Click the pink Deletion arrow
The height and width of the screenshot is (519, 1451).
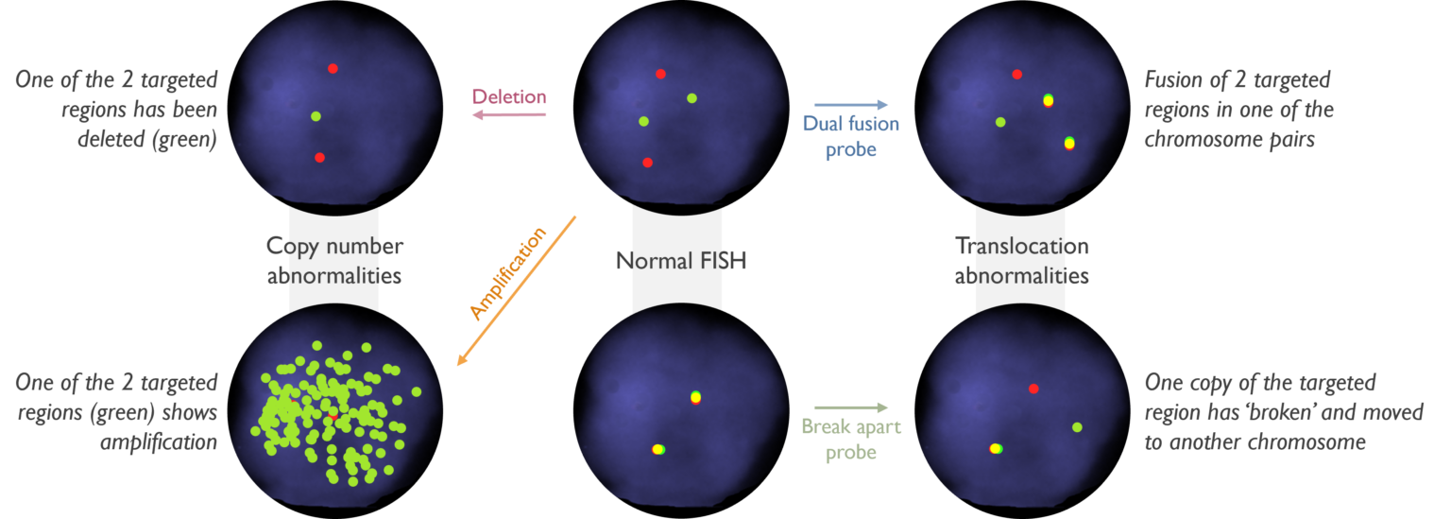[x=509, y=114]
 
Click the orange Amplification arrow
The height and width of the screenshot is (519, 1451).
[x=517, y=291]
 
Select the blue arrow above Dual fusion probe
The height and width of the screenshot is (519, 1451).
[x=851, y=104]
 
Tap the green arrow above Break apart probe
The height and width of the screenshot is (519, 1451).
[x=851, y=407]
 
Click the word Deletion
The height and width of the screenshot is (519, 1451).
[x=509, y=96]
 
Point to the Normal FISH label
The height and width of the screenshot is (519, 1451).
[x=681, y=261]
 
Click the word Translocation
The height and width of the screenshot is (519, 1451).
[x=1021, y=246]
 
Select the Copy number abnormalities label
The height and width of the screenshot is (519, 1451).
[x=334, y=261]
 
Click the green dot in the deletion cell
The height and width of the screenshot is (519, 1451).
[x=316, y=116]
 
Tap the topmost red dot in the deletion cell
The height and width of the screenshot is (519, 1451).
[x=333, y=69]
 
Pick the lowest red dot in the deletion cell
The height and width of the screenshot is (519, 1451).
[x=319, y=158]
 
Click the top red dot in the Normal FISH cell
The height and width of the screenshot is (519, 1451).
[x=660, y=74]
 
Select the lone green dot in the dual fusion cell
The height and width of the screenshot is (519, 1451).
[x=1000, y=122]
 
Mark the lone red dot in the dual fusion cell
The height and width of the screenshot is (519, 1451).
[x=1017, y=75]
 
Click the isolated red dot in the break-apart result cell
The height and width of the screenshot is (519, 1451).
[x=1033, y=389]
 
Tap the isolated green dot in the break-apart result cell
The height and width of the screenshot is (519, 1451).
[x=1077, y=427]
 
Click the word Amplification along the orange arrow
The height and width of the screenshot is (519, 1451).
[x=508, y=274]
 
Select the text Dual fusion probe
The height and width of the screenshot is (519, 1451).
[x=851, y=136]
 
